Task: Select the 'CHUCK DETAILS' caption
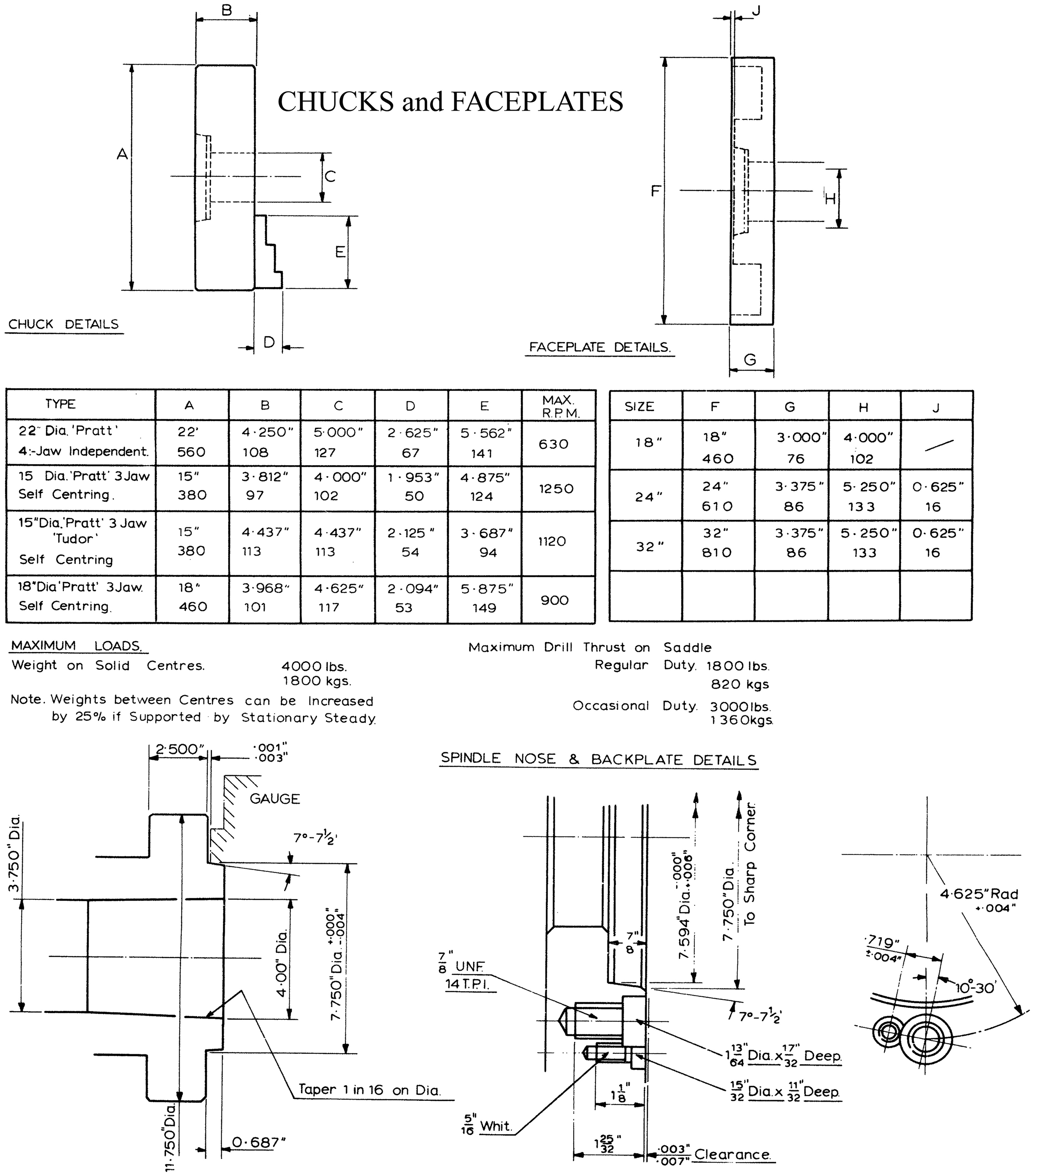(x=63, y=325)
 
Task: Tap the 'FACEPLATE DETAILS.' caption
(x=600, y=347)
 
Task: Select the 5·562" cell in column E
(x=485, y=433)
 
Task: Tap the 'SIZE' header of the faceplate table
(x=639, y=407)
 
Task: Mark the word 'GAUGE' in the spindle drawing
(x=274, y=798)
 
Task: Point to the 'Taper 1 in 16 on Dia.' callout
(x=369, y=1090)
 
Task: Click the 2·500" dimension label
(x=180, y=749)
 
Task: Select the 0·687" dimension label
(x=259, y=1142)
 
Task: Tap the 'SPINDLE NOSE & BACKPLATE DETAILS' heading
(x=599, y=759)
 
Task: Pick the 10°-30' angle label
(x=975, y=988)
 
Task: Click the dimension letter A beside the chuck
(x=122, y=154)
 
